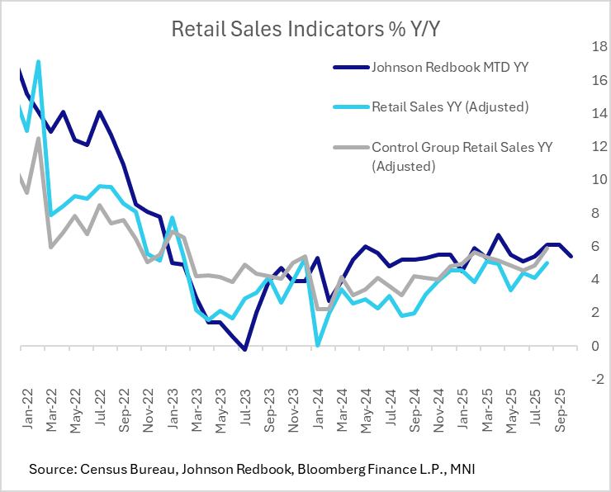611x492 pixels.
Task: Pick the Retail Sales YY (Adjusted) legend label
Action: [x=450, y=106]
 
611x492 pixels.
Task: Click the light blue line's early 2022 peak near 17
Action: [x=38, y=62]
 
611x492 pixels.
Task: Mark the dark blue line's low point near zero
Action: [x=244, y=349]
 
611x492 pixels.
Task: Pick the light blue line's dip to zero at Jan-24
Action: [x=318, y=344]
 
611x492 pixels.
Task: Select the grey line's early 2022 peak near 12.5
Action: [x=38, y=139]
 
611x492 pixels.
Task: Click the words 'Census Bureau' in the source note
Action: [x=117, y=470]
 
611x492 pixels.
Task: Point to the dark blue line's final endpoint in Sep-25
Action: [x=571, y=256]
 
